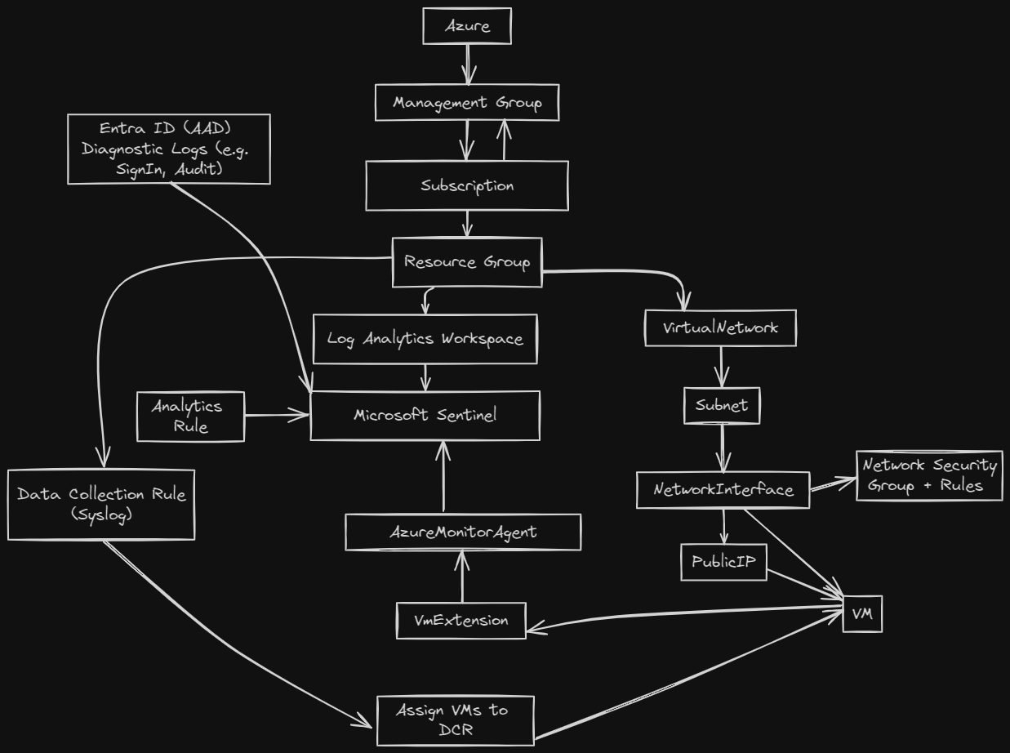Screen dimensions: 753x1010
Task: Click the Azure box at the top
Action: click(467, 26)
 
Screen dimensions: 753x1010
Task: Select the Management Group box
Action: click(467, 103)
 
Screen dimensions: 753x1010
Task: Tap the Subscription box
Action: click(467, 185)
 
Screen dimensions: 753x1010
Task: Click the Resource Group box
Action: click(467, 262)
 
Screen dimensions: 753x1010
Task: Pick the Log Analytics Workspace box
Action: click(425, 338)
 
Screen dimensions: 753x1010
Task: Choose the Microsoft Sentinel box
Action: click(425, 415)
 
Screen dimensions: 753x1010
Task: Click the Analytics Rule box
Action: click(190, 417)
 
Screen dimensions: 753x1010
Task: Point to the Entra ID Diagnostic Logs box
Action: click(169, 149)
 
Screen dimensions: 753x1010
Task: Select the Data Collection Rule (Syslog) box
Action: click(101, 504)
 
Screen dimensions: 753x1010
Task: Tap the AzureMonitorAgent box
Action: click(463, 532)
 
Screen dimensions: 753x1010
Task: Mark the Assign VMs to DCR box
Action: click(456, 720)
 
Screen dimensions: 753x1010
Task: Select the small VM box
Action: click(862, 614)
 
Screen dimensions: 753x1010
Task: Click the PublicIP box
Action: click(724, 562)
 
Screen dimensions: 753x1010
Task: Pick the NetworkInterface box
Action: click(723, 489)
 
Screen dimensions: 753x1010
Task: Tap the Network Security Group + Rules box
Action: click(929, 475)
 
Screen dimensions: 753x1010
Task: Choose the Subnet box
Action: click(722, 405)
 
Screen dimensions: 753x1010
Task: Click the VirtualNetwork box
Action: click(720, 327)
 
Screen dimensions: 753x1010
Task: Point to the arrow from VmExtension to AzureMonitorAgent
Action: click(462, 576)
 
